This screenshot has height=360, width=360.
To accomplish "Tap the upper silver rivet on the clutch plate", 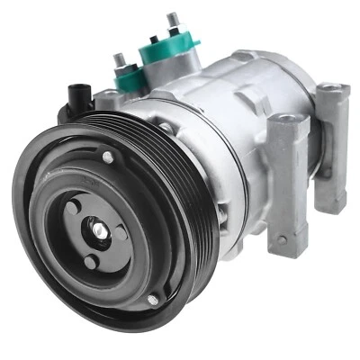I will (x=108, y=157).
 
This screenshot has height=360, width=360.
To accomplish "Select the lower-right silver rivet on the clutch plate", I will (x=152, y=299).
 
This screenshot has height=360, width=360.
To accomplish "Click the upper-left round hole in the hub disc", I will (x=72, y=207).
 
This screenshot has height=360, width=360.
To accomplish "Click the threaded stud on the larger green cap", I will (x=171, y=20).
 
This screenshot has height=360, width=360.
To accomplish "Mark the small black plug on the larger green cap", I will (x=154, y=39).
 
